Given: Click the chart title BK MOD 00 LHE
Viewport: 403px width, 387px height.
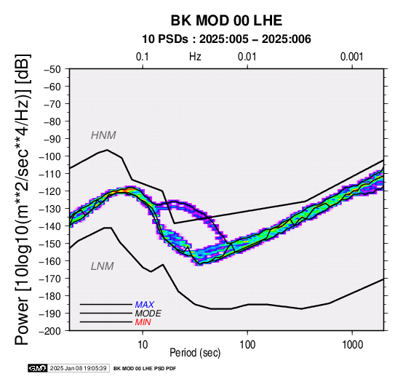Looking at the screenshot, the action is pyautogui.click(x=226, y=20).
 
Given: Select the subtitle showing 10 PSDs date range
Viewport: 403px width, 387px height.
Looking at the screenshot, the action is pyautogui.click(x=226, y=39).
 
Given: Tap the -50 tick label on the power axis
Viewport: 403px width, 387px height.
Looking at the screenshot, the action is pyautogui.click(x=52, y=69).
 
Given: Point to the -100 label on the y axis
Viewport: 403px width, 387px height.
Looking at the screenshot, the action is pyautogui.click(x=50, y=156).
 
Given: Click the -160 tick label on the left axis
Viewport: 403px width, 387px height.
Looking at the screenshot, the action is pyautogui.click(x=50, y=261).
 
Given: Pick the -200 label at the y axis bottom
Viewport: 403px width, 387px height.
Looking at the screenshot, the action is pyautogui.click(x=50, y=331).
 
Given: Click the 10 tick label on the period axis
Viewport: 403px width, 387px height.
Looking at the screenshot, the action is pyautogui.click(x=143, y=345).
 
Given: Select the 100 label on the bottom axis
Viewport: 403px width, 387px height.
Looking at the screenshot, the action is pyautogui.click(x=247, y=345).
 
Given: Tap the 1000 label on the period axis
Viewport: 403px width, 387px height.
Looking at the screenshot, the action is pyautogui.click(x=352, y=345).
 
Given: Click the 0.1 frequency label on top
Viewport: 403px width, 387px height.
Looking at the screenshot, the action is pyautogui.click(x=143, y=57).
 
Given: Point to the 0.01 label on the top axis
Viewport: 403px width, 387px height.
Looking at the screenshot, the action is pyautogui.click(x=247, y=57).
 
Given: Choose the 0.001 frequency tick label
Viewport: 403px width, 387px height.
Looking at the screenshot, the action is pyautogui.click(x=351, y=57).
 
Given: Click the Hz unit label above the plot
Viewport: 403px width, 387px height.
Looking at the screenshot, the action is pyautogui.click(x=195, y=57).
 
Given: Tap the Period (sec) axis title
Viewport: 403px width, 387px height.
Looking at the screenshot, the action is pyautogui.click(x=195, y=353).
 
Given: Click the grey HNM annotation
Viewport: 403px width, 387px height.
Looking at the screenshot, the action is pyautogui.click(x=103, y=135).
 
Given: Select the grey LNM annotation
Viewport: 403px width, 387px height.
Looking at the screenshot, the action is pyautogui.click(x=103, y=266).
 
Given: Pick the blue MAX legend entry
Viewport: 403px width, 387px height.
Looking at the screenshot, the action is pyautogui.click(x=145, y=305).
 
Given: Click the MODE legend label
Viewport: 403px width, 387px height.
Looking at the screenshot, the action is pyautogui.click(x=148, y=314).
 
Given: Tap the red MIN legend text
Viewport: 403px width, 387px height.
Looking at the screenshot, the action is pyautogui.click(x=143, y=322).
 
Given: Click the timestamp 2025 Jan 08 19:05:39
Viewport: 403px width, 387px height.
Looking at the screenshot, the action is pyautogui.click(x=78, y=369).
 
